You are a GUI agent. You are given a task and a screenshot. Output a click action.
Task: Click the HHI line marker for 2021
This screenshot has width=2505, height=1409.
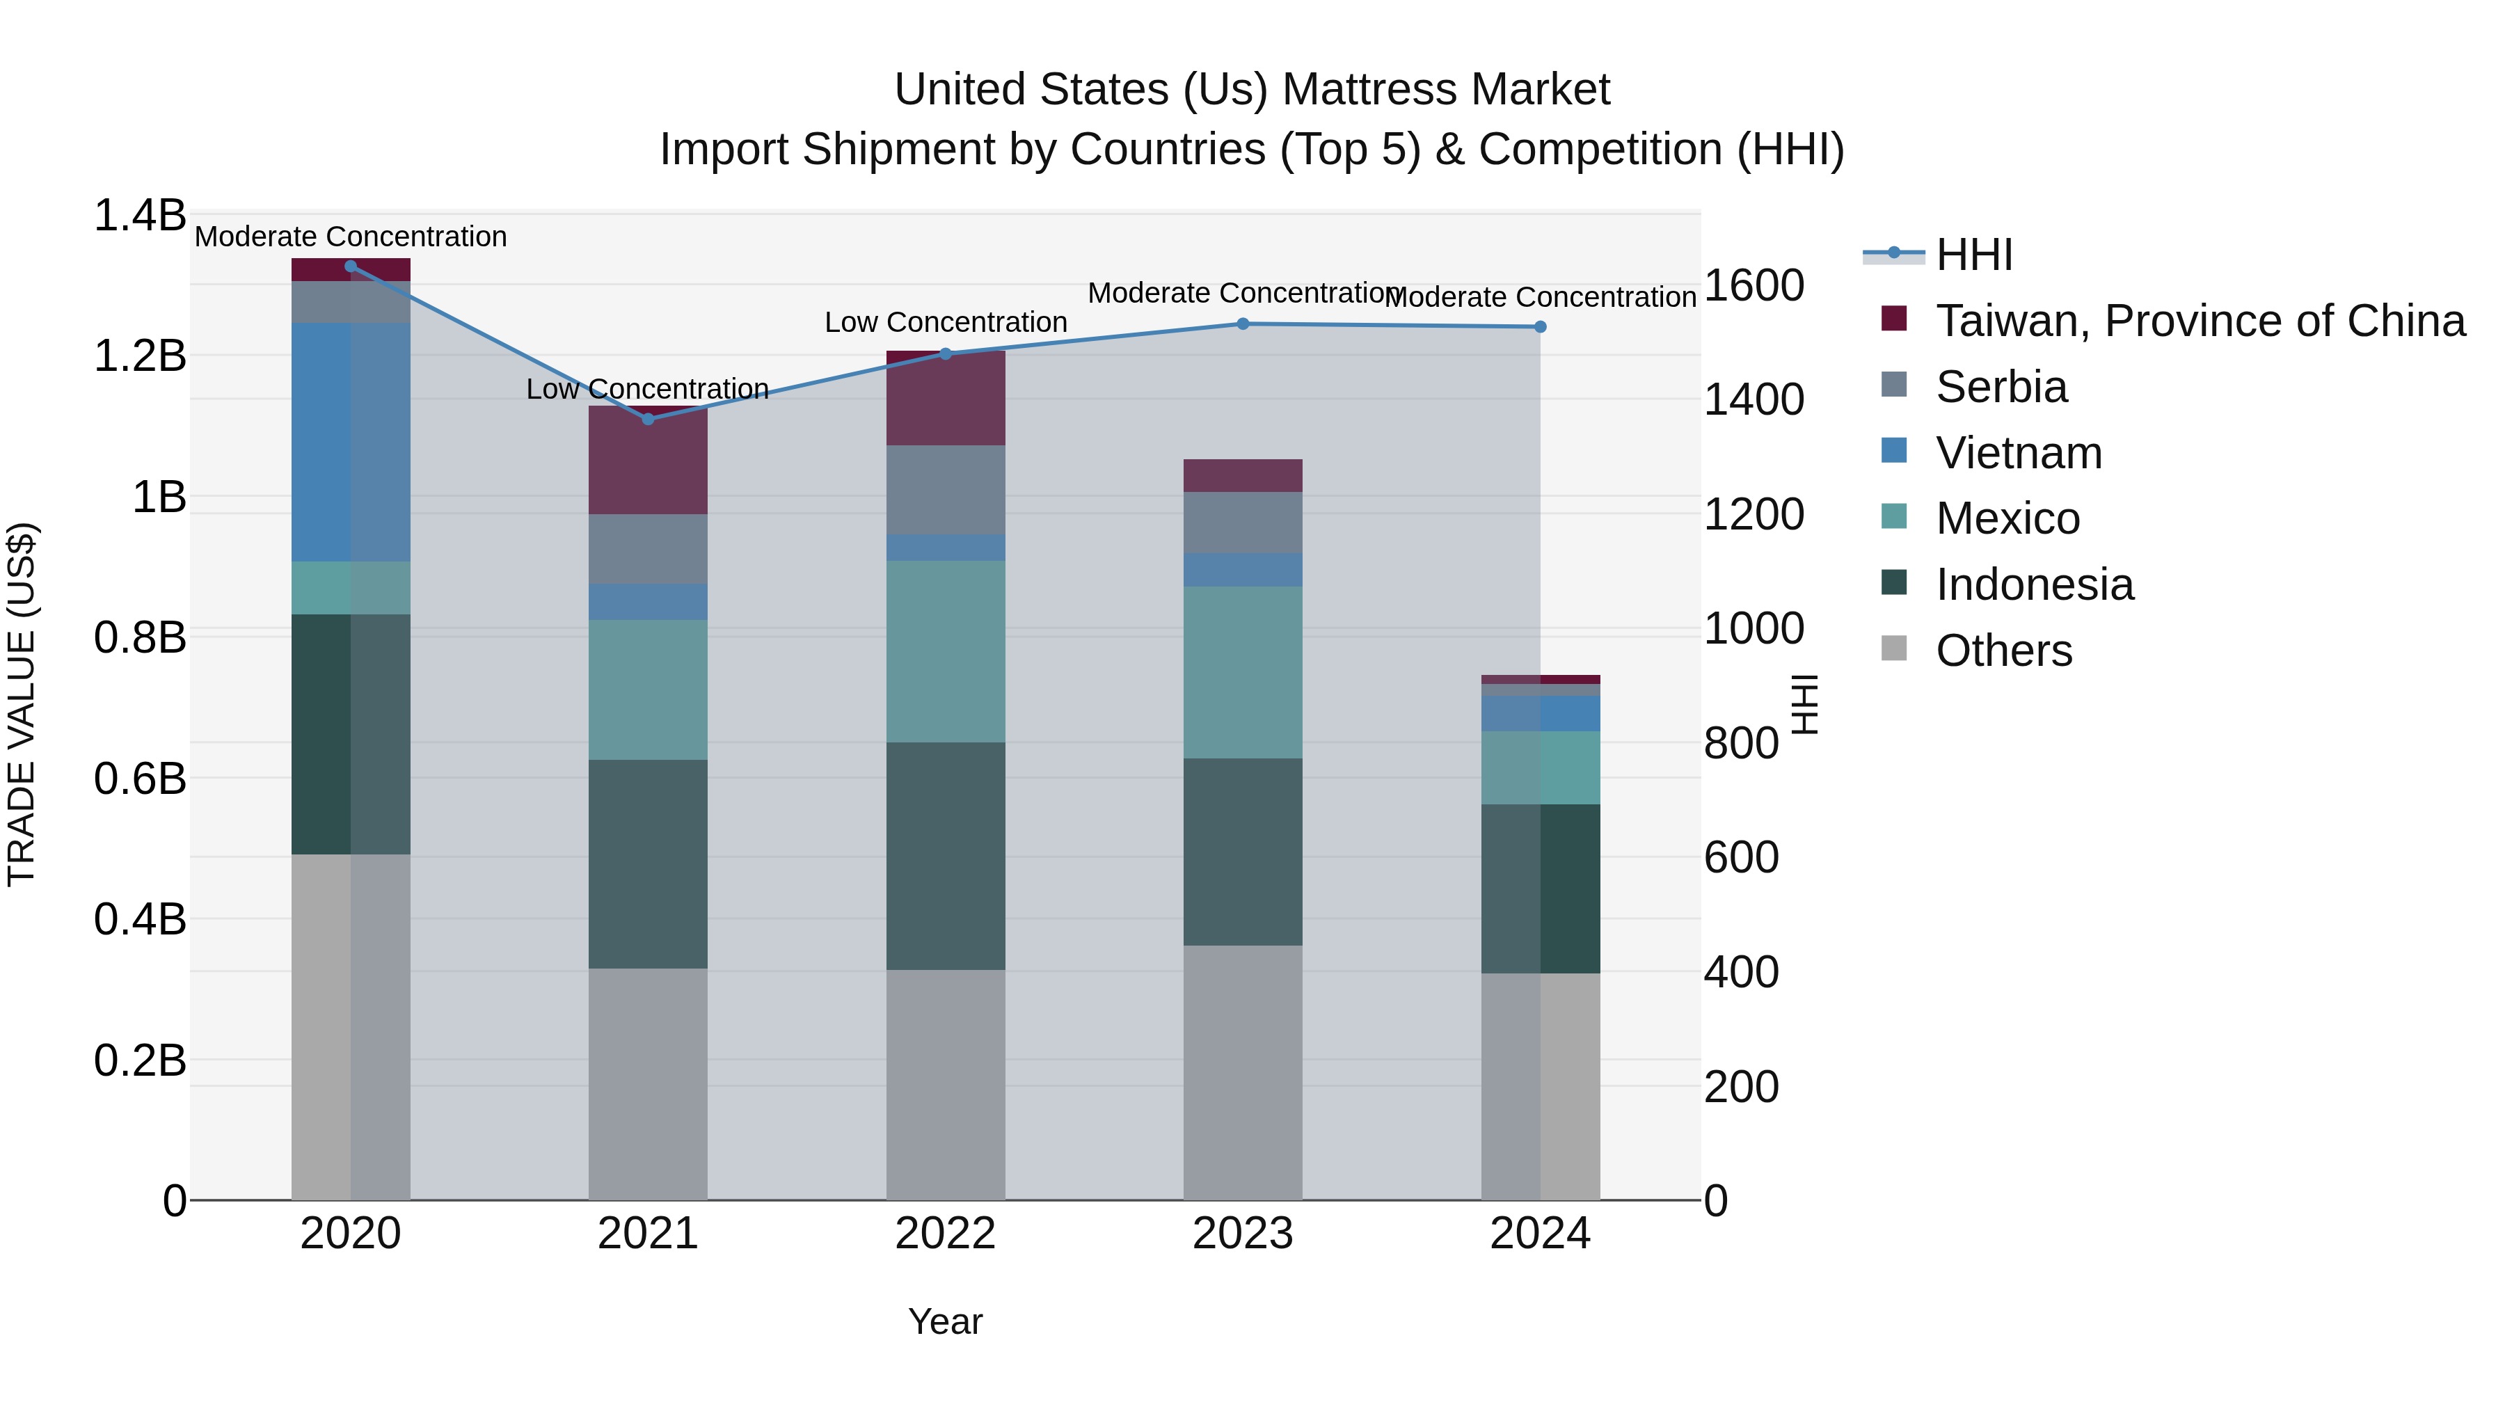(x=649, y=419)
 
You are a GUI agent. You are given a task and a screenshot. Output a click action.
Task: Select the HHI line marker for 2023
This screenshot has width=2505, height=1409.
(x=1243, y=324)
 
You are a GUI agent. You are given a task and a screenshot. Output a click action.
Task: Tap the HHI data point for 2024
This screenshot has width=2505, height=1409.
(x=1541, y=327)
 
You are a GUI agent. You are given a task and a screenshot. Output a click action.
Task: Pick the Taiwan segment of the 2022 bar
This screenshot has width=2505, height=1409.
(x=945, y=398)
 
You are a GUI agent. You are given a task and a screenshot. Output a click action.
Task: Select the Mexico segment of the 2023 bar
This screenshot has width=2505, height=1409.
(x=1243, y=672)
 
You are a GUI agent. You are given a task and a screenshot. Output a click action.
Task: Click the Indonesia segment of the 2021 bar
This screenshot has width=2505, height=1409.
(x=649, y=863)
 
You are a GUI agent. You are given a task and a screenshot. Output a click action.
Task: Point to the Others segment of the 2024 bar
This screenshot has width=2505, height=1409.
(x=1541, y=1086)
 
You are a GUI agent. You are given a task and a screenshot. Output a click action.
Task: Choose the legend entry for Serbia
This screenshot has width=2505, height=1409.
(x=2001, y=387)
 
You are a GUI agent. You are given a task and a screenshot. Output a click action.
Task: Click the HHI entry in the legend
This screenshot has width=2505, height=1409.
(x=1974, y=255)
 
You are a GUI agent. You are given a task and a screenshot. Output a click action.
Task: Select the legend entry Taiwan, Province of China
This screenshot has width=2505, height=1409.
(x=2200, y=321)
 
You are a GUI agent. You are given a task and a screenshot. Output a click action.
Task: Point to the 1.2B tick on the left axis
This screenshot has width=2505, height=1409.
(x=140, y=356)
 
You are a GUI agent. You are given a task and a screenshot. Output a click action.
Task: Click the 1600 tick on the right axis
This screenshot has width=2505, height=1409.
(x=1753, y=286)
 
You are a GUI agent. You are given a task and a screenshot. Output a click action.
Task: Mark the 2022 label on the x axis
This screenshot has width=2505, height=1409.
(x=945, y=1234)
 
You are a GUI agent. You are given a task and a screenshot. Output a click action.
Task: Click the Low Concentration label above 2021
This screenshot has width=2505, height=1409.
(x=648, y=389)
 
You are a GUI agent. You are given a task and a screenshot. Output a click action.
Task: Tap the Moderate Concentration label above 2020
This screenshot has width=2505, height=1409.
(x=351, y=237)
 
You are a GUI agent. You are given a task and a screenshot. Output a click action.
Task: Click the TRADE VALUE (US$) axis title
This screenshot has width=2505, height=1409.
(x=22, y=704)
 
